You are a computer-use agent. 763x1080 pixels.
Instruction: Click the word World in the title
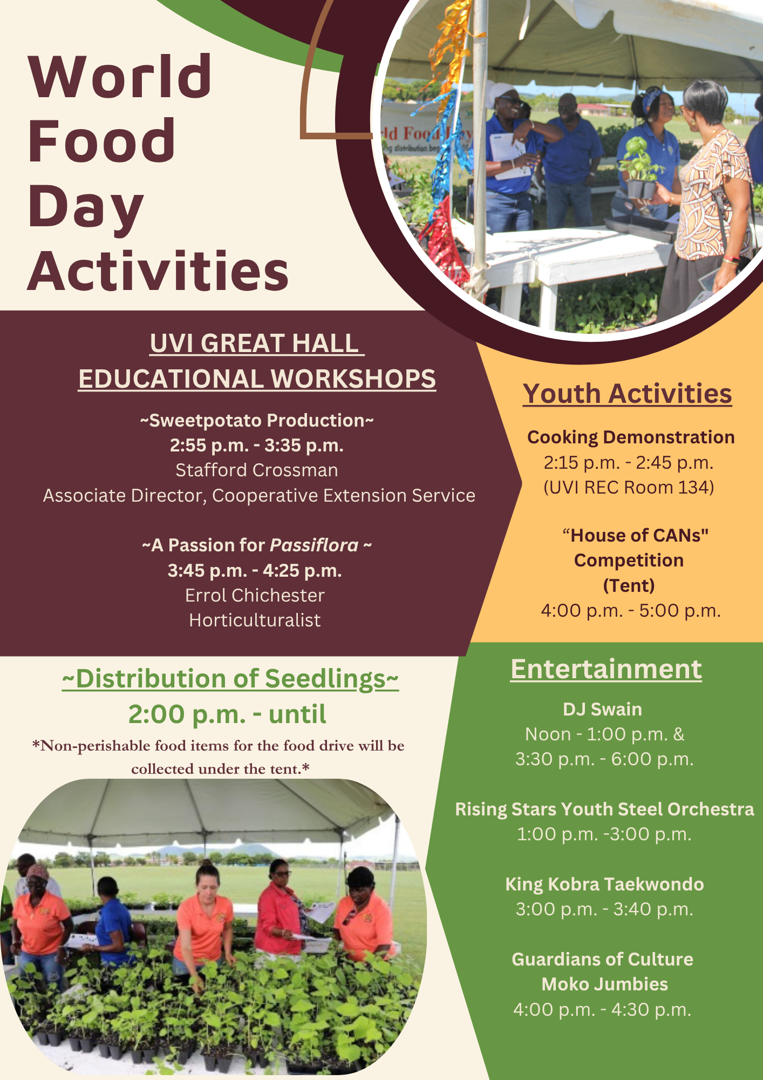(x=120, y=77)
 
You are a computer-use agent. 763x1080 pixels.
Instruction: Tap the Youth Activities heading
(x=627, y=394)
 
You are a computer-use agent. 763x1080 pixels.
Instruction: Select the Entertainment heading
(x=606, y=670)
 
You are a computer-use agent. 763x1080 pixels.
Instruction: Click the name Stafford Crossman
(x=257, y=470)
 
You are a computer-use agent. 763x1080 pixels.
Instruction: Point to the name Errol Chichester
(x=255, y=595)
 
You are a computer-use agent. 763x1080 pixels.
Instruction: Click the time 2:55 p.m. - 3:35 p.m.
(x=257, y=446)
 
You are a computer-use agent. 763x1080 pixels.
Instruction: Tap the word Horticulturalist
(x=255, y=620)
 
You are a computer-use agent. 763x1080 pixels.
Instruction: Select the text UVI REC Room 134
(x=629, y=488)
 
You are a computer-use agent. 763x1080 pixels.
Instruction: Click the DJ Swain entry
(x=602, y=710)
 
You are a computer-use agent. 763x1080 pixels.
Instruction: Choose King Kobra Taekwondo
(x=604, y=885)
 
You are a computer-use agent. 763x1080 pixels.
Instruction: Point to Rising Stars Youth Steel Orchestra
(x=604, y=809)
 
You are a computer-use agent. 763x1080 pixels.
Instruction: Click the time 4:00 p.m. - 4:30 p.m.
(x=602, y=1009)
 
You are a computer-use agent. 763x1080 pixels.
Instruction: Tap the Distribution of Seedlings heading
(x=230, y=679)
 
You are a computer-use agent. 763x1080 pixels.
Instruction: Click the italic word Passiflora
(x=314, y=545)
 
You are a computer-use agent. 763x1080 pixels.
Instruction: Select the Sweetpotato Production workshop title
(x=257, y=421)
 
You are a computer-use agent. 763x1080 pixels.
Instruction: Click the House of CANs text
(x=635, y=536)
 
